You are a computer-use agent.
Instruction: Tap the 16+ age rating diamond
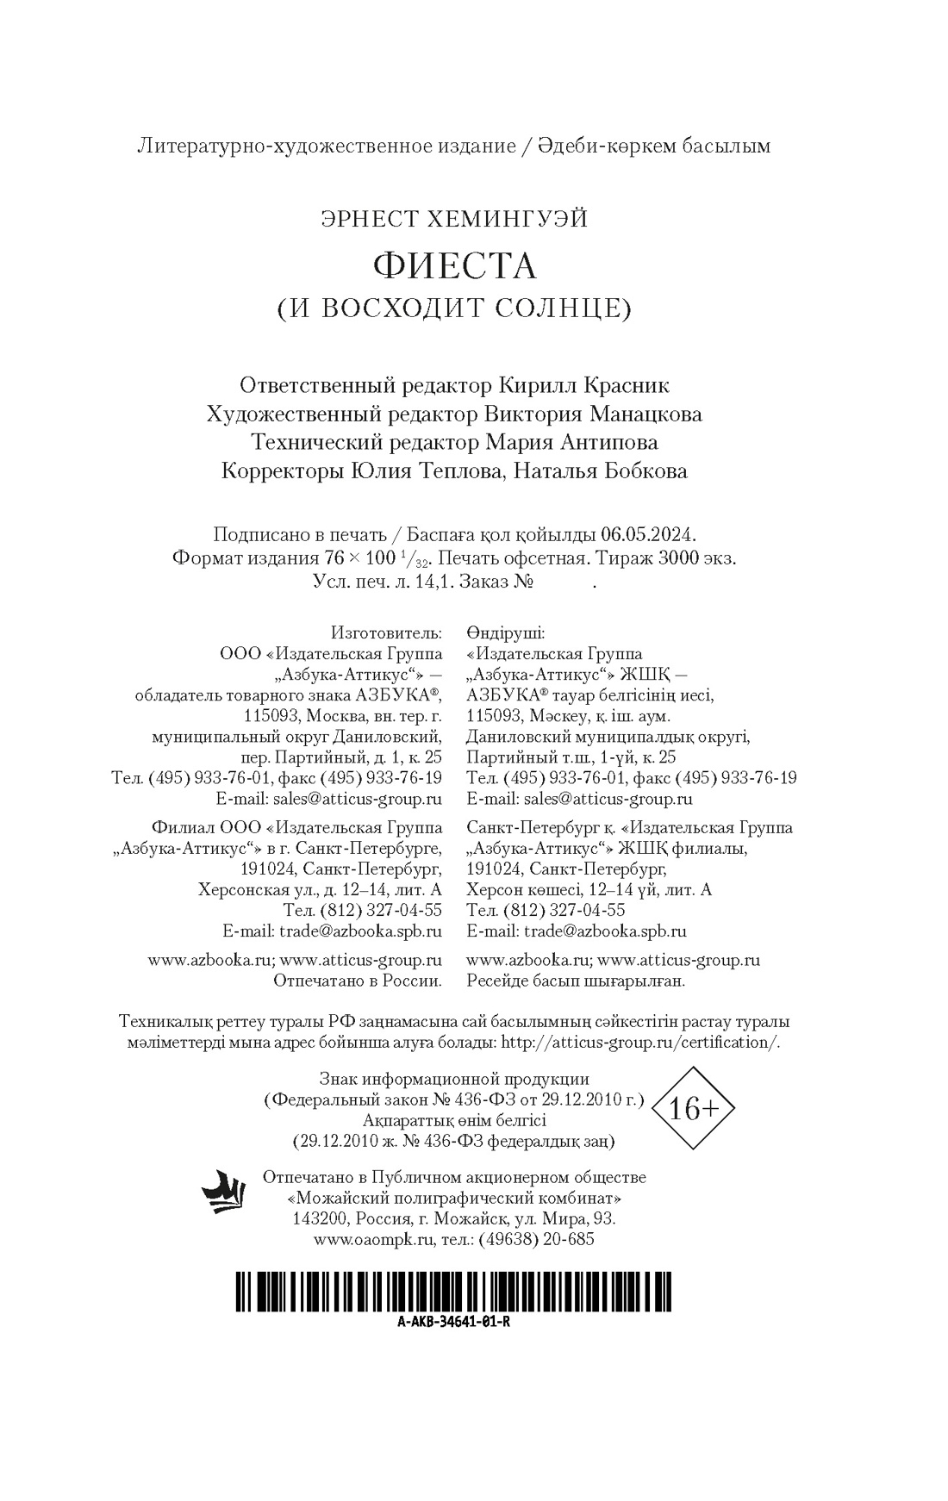(693, 1108)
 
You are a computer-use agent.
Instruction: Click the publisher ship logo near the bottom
(224, 1193)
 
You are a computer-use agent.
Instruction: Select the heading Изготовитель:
(387, 633)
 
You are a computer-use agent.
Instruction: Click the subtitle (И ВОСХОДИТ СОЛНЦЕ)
(454, 308)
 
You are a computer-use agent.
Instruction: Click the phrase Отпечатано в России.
(358, 981)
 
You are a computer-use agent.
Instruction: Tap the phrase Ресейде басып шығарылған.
(576, 981)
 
